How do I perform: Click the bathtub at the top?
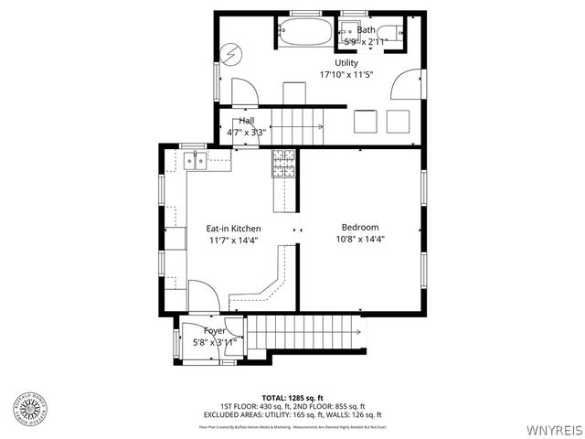tap(307, 32)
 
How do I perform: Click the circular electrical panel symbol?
tap(232, 54)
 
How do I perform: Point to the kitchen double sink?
tap(196, 162)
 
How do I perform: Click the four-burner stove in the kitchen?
tap(284, 163)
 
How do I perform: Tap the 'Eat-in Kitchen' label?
tap(233, 229)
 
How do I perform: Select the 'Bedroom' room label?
tap(360, 228)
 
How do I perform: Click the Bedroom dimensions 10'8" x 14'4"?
tap(360, 241)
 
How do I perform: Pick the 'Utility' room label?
tap(346, 62)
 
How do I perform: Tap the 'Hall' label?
tap(247, 121)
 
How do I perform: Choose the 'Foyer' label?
tap(215, 330)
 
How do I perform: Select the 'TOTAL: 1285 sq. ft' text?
tap(292, 398)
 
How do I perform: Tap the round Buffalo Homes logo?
tap(30, 410)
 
